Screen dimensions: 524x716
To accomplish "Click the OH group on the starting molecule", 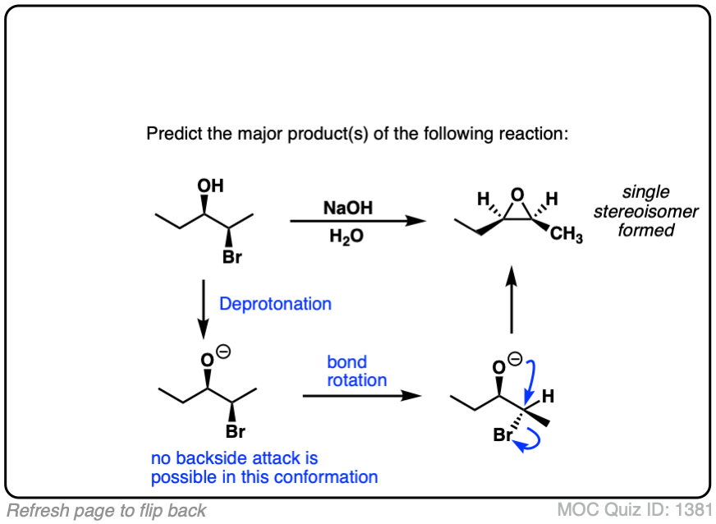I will point(210,186).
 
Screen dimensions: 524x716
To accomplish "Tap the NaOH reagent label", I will point(348,209).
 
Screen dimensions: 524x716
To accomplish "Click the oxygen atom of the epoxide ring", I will point(515,195).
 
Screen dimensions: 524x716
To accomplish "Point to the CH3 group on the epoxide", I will point(566,237).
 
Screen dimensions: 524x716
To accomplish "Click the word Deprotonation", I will point(275,304).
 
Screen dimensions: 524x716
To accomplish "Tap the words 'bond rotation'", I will point(357,371).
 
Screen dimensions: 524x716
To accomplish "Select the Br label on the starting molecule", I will point(233,259).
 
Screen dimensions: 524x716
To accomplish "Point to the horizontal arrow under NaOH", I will point(357,221).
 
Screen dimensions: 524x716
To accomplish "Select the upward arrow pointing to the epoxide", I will point(512,299).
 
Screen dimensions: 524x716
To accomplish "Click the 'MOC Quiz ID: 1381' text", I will point(631,509).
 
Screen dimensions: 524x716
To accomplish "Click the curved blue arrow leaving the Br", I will point(528,444).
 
